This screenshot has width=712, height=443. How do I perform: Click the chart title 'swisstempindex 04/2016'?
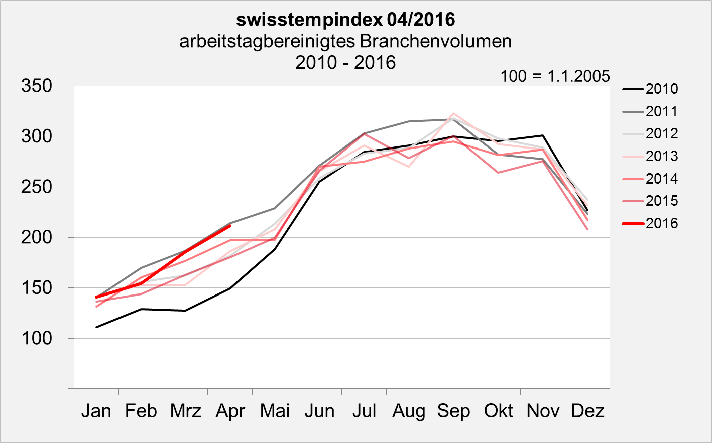[345, 20]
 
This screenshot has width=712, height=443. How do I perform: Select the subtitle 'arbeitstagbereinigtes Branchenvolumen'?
[345, 41]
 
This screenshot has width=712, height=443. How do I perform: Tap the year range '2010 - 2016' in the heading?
[345, 63]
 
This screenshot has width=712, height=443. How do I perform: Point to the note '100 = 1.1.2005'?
[555, 76]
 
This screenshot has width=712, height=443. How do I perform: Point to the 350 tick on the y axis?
[37, 86]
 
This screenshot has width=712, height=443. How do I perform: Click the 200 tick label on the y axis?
[37, 237]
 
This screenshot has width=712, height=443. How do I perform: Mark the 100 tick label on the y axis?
[37, 338]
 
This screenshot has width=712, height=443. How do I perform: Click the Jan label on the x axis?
[96, 411]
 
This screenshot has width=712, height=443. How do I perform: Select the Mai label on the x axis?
[275, 411]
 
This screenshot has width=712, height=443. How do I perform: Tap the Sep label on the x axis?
[453, 411]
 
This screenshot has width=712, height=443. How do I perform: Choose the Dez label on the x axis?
[587, 411]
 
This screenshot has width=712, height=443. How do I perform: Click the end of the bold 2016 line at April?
[230, 226]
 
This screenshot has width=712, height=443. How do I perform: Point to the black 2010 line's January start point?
[96, 327]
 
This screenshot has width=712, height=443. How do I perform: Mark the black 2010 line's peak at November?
[543, 135]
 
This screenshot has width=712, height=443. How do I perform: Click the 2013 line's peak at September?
[453, 113]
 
